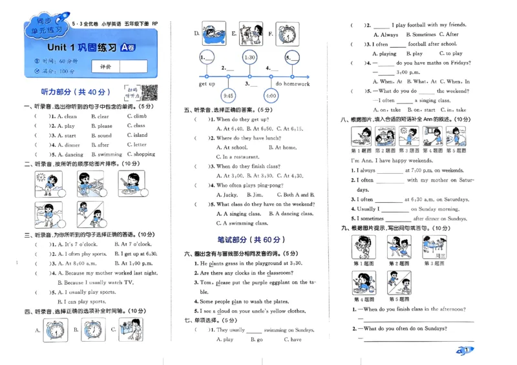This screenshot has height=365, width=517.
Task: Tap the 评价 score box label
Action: click(105, 67)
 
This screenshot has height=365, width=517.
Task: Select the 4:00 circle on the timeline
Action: click(271, 96)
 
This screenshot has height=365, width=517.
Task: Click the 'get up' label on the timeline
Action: click(207, 84)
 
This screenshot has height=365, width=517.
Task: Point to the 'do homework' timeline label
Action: click(292, 84)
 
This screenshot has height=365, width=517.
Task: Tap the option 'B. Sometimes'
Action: click(421, 35)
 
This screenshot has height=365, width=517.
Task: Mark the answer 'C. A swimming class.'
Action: click(244, 223)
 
